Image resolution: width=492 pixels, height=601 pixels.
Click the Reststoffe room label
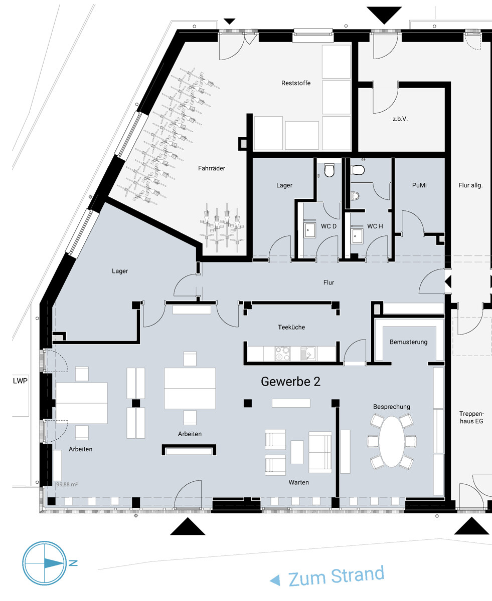[x=296, y=83]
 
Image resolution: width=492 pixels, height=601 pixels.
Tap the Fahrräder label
[x=212, y=168]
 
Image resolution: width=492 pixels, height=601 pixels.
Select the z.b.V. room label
[x=400, y=119]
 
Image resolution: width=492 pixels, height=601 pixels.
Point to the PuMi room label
[x=419, y=185]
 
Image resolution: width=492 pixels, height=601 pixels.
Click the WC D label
[x=329, y=226]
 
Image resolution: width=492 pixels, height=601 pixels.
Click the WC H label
[x=375, y=226]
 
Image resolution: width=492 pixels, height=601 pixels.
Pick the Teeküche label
[x=291, y=327]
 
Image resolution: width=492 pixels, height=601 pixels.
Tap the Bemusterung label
[x=408, y=342]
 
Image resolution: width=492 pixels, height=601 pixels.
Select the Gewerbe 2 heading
[x=290, y=382]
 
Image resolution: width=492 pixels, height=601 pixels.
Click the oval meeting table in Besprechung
[x=392, y=441]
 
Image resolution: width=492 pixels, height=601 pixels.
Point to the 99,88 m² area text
[x=67, y=484]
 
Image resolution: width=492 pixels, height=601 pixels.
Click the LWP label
[x=20, y=381]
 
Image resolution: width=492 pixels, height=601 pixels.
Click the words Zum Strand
[x=336, y=575]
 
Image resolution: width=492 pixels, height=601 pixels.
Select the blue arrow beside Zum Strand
[x=275, y=580]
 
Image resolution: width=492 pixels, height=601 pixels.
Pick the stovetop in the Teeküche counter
[x=282, y=354]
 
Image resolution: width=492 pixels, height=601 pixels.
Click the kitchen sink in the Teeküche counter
[x=308, y=354]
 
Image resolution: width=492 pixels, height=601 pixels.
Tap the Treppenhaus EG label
[x=471, y=417]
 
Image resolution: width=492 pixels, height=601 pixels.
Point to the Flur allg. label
[x=470, y=185]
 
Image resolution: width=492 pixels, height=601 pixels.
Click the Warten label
[x=298, y=482]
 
